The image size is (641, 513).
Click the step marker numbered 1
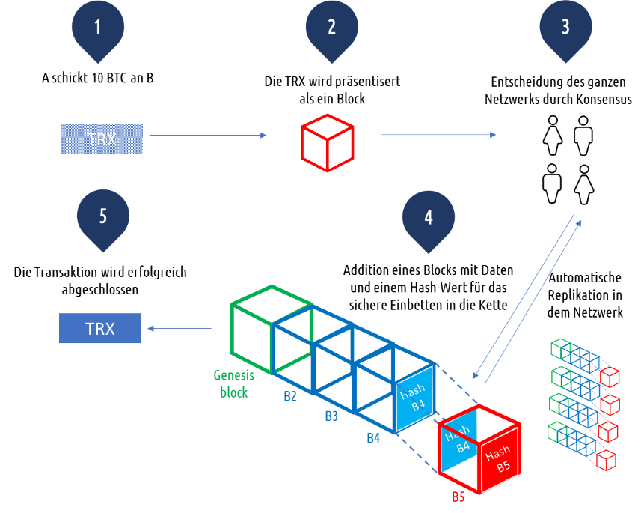(x=97, y=28)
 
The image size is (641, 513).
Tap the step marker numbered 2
(x=331, y=28)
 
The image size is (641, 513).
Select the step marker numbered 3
(x=565, y=28)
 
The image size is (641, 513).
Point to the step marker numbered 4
(x=428, y=218)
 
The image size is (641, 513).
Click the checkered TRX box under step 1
(x=102, y=139)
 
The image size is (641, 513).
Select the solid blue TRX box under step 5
(x=100, y=328)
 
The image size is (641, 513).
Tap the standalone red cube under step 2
(x=327, y=142)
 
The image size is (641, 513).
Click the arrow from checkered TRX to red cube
(x=208, y=136)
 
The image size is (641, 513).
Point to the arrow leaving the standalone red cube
(x=438, y=135)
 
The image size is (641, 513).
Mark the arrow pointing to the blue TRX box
(x=180, y=328)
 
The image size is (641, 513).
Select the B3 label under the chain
(x=331, y=416)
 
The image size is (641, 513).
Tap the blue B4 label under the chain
(x=373, y=438)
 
